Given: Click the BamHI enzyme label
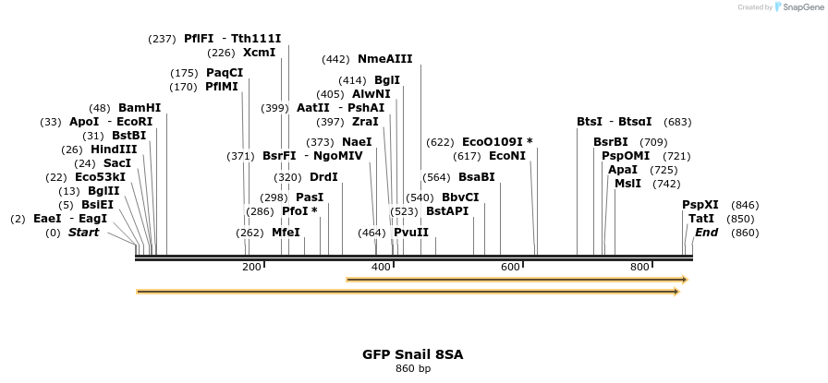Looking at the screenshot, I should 140,108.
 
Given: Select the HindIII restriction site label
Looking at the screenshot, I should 114,150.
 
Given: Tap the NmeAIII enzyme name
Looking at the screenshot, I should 384,59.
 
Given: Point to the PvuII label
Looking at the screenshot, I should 411,233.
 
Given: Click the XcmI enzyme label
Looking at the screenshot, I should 259,53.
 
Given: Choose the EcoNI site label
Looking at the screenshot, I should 506,156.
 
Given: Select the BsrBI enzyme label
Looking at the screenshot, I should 610,142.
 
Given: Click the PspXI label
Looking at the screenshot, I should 700,205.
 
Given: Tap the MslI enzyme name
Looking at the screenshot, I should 627,184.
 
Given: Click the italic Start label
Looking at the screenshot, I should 83,233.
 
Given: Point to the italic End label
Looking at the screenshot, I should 707,233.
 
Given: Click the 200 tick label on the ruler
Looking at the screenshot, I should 251,268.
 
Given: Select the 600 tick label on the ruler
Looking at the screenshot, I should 510,268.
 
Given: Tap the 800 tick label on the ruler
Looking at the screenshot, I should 639,268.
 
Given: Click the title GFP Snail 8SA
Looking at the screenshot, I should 413,354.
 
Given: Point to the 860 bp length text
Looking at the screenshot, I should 413,369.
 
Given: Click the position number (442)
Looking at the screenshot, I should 335,59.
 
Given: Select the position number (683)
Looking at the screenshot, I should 677,122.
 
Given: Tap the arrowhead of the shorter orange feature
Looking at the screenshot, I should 684,279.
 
